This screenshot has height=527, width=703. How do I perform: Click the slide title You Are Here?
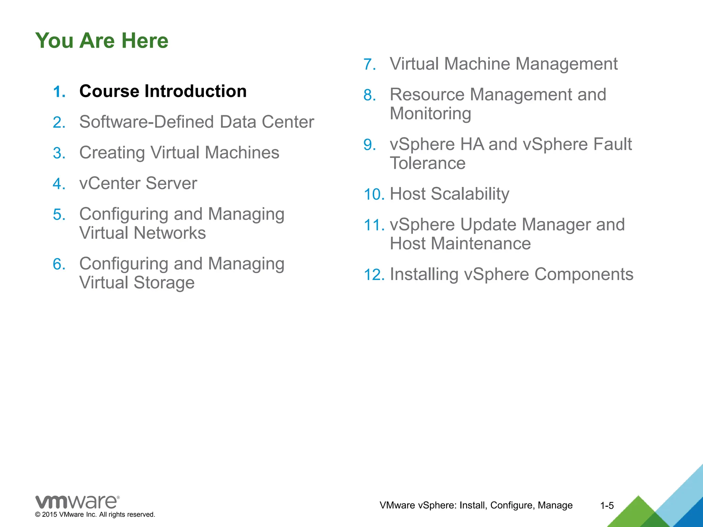[x=102, y=40]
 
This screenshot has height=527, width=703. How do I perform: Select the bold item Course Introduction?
[x=163, y=91]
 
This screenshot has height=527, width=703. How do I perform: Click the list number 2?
[x=59, y=123]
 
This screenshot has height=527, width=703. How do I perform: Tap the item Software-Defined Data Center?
[x=196, y=122]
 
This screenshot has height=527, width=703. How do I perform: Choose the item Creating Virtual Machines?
[x=179, y=153]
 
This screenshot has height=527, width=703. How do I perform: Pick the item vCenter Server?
[x=138, y=183]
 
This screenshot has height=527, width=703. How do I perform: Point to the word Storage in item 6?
[x=164, y=283]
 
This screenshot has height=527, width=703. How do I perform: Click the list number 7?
[x=369, y=65]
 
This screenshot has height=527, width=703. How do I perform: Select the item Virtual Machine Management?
[x=503, y=64]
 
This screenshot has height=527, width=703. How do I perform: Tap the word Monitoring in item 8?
[x=430, y=114]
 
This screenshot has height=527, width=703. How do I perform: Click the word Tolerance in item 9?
[x=427, y=163]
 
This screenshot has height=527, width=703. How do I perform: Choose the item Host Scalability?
[x=449, y=194]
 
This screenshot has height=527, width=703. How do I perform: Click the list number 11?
[x=374, y=225]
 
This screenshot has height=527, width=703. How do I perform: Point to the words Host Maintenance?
[x=460, y=244]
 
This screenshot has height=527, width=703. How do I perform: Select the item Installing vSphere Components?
[x=511, y=274]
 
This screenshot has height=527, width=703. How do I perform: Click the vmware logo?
[x=77, y=502]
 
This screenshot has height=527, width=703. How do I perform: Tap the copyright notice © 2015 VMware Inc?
[x=95, y=515]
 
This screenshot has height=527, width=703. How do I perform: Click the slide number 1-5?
[x=607, y=506]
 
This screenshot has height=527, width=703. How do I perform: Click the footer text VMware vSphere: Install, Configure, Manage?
[x=476, y=505]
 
